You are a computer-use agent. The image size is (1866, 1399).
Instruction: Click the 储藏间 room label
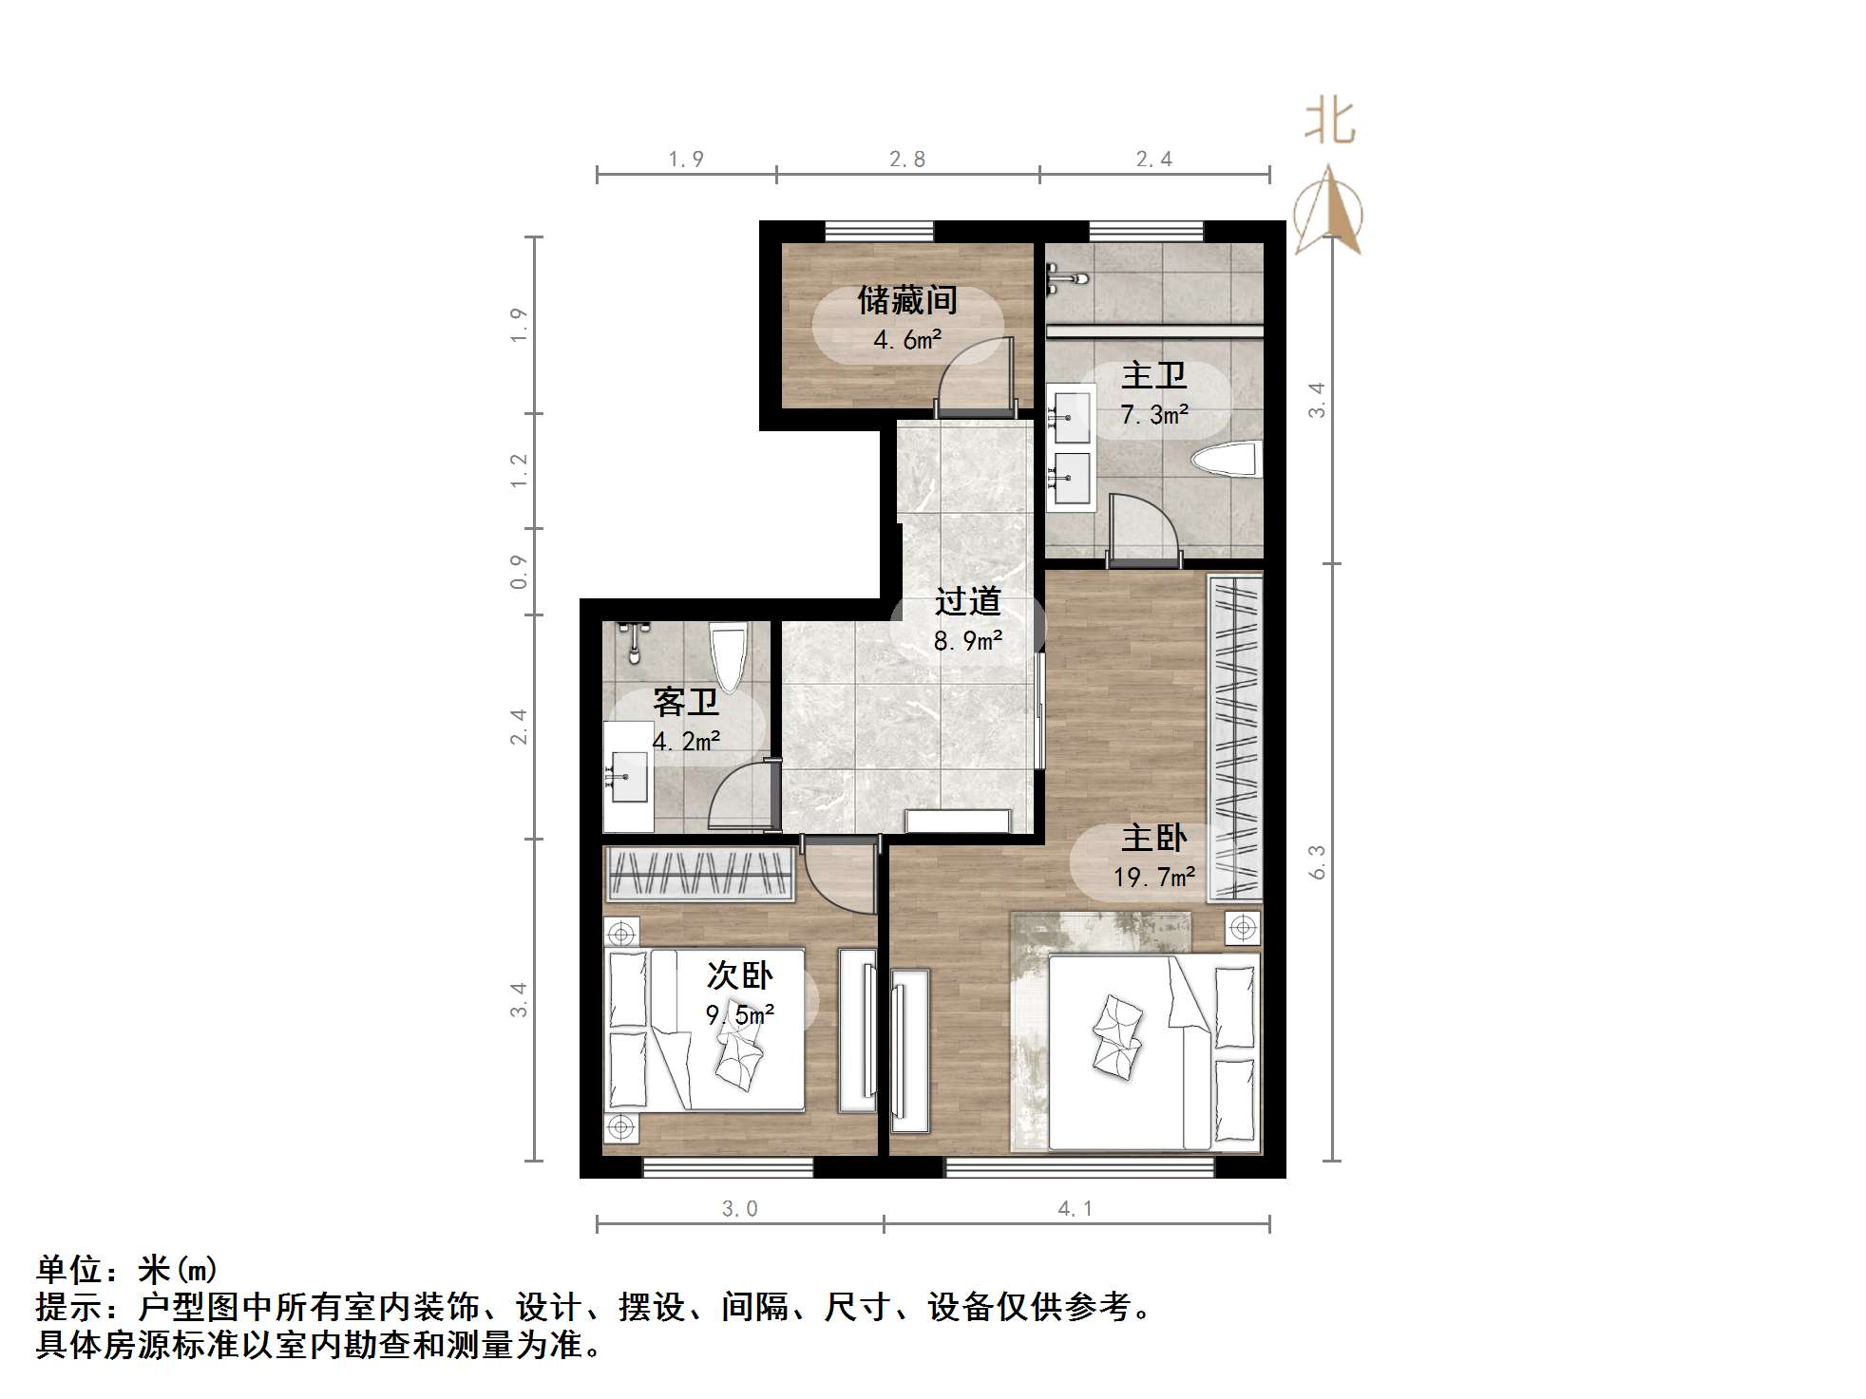click(906, 300)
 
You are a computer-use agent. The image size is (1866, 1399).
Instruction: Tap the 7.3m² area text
click(1153, 415)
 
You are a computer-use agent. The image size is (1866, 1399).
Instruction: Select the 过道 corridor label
click(967, 601)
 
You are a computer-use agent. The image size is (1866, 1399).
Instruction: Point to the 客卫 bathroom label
click(685, 703)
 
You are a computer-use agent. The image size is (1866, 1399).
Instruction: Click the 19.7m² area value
click(1153, 877)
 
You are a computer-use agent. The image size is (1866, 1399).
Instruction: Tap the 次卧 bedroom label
click(739, 975)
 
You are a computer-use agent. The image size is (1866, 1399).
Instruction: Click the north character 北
click(1329, 123)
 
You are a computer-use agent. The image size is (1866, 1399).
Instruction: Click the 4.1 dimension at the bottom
click(1075, 1208)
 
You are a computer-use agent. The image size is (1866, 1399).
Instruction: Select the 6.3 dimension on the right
click(1317, 861)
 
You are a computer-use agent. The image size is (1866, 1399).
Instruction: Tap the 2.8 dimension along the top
click(906, 160)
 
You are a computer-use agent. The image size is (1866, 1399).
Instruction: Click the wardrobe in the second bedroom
click(699, 873)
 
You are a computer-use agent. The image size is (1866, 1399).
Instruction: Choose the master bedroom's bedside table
click(1243, 927)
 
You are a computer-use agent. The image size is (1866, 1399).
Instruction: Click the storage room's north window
click(879, 231)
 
